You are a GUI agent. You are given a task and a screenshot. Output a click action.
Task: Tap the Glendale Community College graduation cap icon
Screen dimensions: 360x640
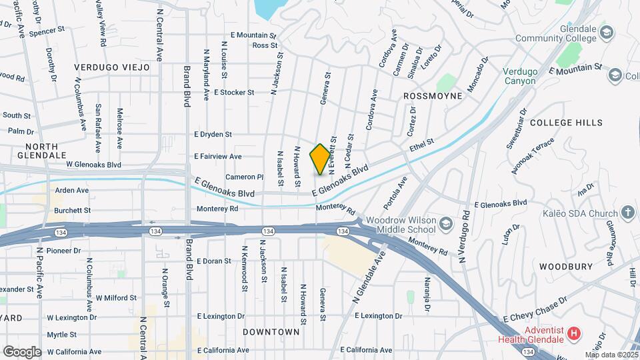click(x=607, y=33)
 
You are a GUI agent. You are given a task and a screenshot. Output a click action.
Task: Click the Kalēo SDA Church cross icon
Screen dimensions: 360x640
click(x=627, y=213)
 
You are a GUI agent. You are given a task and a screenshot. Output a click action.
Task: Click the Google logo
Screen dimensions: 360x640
click(x=22, y=351)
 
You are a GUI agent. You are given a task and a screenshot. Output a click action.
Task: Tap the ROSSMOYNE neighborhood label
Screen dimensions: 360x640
click(x=433, y=96)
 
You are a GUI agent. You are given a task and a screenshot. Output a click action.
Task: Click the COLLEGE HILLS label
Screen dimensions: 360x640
click(x=566, y=123)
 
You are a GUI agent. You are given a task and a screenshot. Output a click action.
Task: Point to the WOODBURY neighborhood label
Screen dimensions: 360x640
click(x=565, y=266)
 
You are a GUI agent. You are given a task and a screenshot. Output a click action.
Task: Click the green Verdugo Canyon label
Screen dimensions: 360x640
click(x=519, y=76)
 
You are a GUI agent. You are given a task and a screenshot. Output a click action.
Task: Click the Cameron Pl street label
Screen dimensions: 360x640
click(x=245, y=177)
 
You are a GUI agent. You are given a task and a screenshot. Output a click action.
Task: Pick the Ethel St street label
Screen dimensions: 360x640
click(x=421, y=143)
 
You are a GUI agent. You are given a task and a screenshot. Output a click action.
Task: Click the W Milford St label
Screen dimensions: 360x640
click(x=116, y=297)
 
